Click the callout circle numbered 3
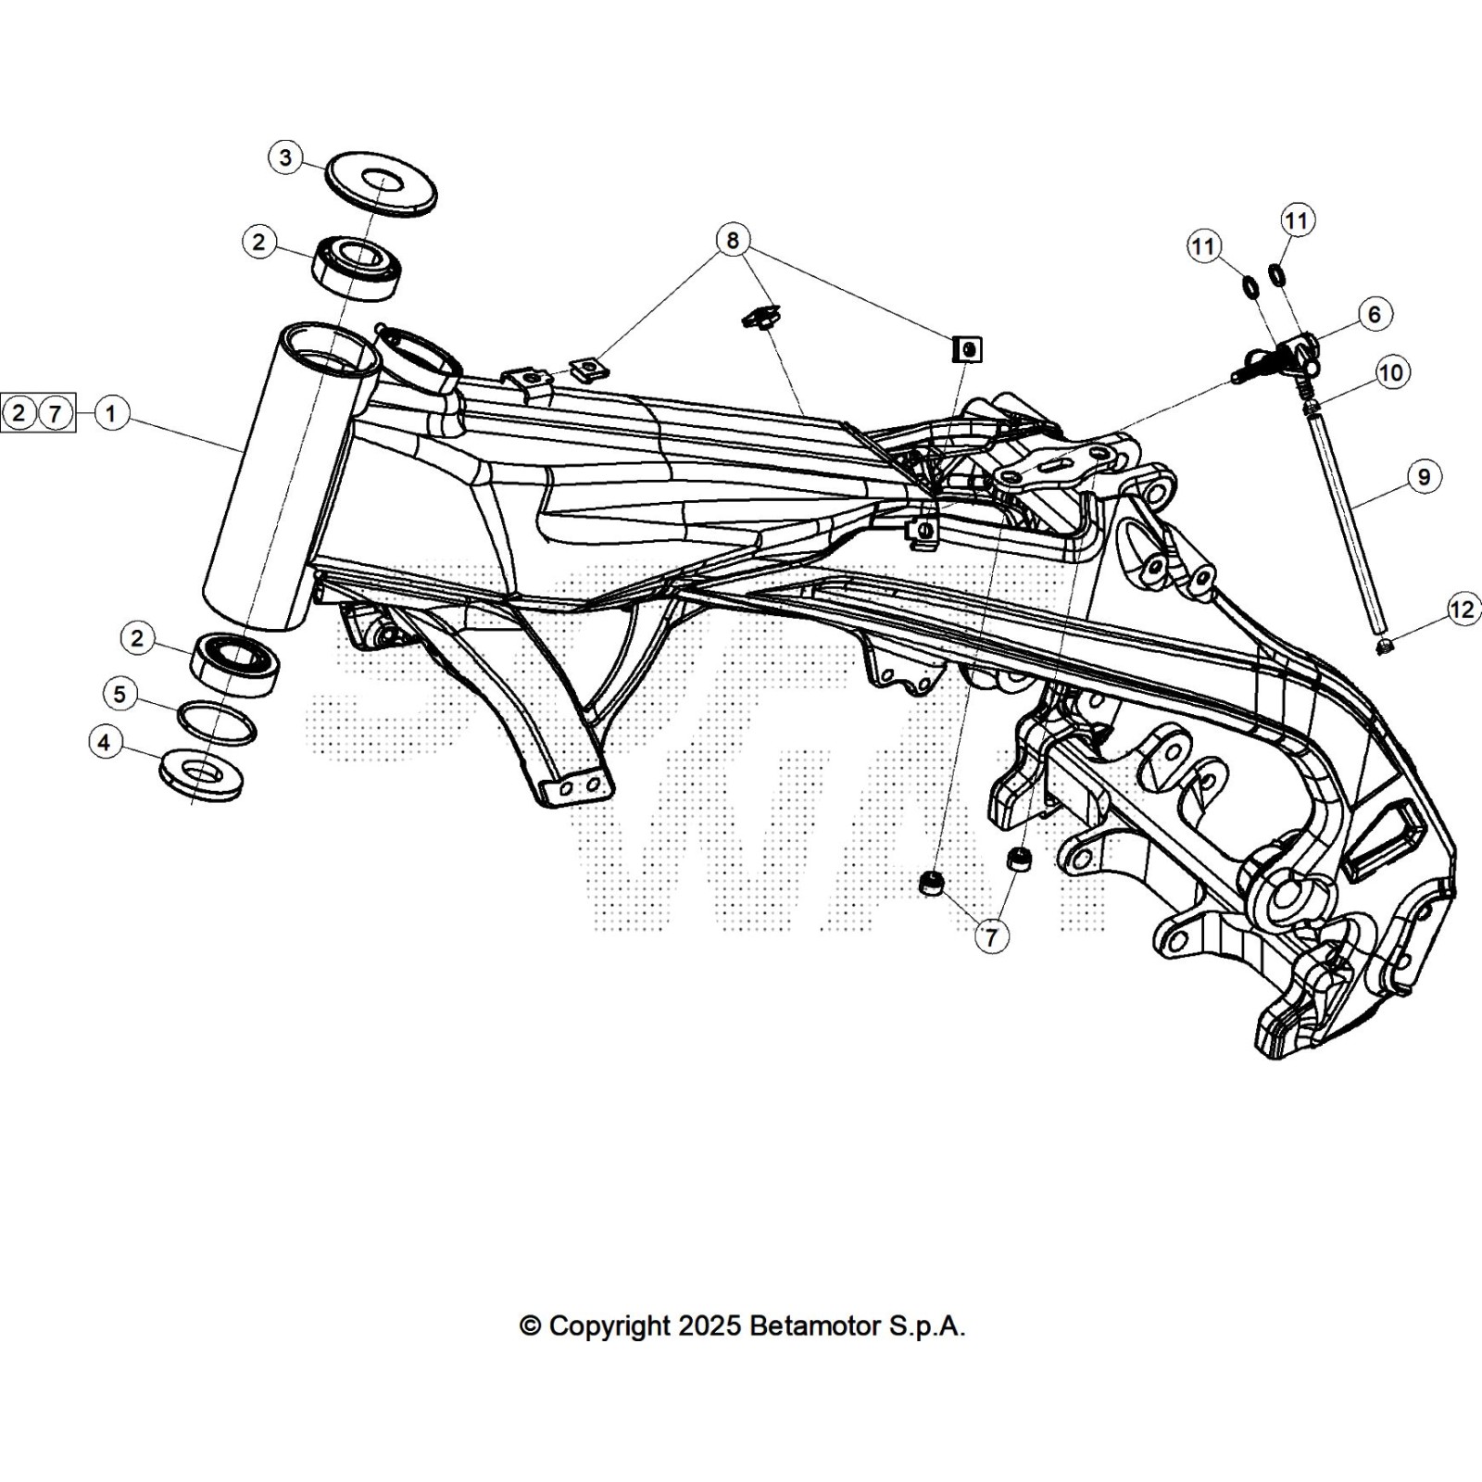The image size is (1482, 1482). (x=285, y=157)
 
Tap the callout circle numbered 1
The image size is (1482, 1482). (x=111, y=413)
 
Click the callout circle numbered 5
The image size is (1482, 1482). (x=119, y=694)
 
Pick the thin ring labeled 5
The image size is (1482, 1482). (x=216, y=722)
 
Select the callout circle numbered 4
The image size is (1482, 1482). (x=105, y=742)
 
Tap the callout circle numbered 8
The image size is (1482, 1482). (x=733, y=241)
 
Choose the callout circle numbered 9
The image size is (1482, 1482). (x=1424, y=477)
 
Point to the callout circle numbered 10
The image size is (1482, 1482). (x=1391, y=373)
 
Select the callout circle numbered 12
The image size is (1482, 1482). (x=1463, y=609)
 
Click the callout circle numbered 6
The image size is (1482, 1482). (x=1374, y=315)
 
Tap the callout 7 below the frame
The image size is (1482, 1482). (x=991, y=937)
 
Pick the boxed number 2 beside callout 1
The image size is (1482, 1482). (x=19, y=413)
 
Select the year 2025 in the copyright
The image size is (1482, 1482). (x=709, y=1326)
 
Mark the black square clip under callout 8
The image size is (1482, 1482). (x=967, y=349)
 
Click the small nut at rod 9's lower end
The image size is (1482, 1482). (x=1384, y=646)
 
